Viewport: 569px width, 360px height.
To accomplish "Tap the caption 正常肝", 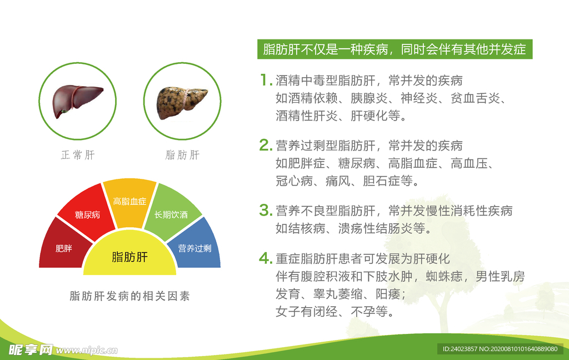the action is coord(78,155).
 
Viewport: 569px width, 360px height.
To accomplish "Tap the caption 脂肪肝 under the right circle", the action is coord(182,155).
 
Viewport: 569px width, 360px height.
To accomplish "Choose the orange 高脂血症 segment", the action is coord(129,202).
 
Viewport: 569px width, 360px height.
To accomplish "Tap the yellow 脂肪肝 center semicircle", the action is coord(129,257).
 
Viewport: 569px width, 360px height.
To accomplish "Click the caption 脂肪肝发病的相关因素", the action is coord(129,296).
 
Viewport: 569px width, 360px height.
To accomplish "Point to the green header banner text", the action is coord(395,49).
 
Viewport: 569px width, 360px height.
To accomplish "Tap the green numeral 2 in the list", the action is coord(266,145).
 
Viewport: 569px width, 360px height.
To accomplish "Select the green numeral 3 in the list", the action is coord(266,210).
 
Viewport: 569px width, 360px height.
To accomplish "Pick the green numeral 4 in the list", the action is coord(266,258).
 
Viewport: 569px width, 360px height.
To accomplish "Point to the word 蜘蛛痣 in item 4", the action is coord(444,276).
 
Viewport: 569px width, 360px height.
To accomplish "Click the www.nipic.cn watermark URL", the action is coord(87,350).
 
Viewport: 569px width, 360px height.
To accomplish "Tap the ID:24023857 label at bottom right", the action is coord(460,349).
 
